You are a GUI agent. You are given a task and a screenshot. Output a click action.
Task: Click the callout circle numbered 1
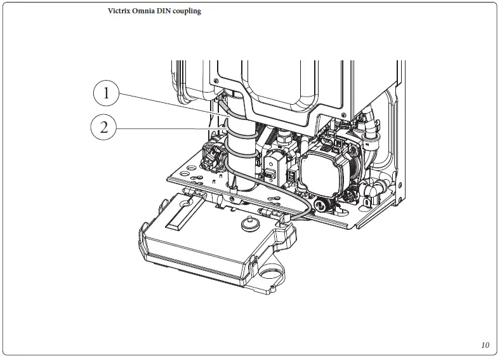coord(106,95)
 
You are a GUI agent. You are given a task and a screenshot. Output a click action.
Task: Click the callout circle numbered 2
coord(103,128)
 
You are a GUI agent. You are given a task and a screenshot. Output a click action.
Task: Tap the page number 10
coord(485,345)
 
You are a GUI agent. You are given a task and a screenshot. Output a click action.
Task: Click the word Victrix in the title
coord(120,11)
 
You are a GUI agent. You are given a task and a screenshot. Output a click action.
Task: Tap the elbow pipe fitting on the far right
coord(374,190)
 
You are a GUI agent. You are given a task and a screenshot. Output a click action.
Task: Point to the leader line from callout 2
coord(171,130)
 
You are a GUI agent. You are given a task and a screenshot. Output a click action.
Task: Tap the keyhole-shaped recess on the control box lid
coord(188,203)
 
